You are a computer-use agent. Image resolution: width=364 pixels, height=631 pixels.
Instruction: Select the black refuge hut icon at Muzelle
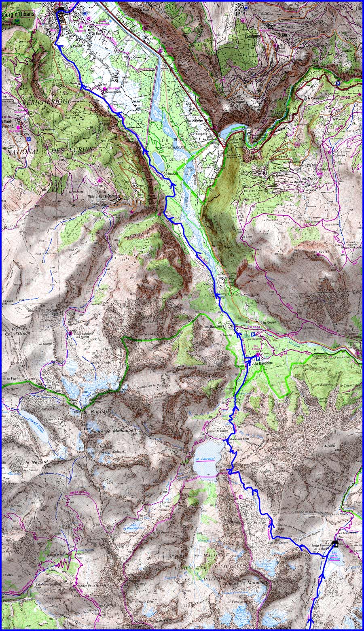click(x=334, y=544)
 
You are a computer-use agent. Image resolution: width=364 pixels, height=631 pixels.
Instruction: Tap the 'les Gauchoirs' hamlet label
click(x=214, y=327)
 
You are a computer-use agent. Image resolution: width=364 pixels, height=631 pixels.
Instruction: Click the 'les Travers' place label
click(x=310, y=177)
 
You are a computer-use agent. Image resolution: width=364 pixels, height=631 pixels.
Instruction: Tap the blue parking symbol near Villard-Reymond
click(x=28, y=139)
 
